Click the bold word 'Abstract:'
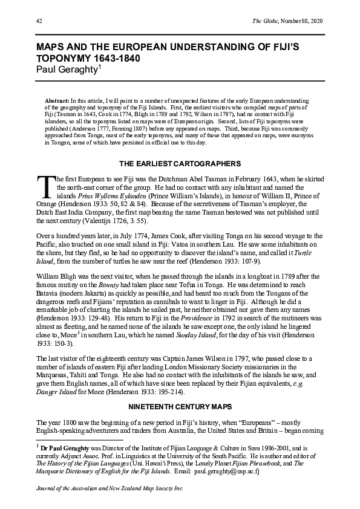pyautogui.click(x=57, y=100)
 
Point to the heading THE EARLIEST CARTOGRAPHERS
pyautogui.click(x=180, y=164)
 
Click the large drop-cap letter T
pyautogui.click(x=45, y=186)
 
